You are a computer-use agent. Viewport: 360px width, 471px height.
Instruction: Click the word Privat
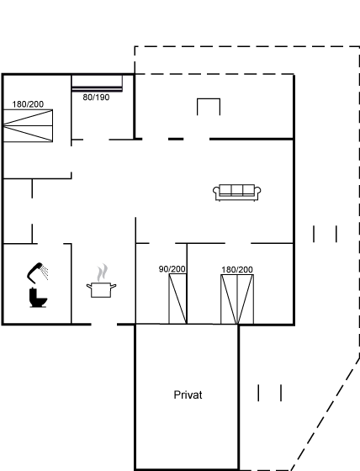coord(188,394)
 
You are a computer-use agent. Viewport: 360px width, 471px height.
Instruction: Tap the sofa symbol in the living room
coord(237,193)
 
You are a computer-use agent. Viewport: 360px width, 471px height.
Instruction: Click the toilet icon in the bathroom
coord(38,298)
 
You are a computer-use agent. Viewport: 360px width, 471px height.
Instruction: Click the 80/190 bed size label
coord(96,98)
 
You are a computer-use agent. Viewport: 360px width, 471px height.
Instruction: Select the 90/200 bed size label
coord(172,269)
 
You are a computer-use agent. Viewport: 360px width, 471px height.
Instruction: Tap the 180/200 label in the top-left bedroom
coord(28,104)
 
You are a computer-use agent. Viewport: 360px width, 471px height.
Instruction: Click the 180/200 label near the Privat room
coord(237,270)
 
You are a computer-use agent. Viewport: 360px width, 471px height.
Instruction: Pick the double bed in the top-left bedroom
coord(28,125)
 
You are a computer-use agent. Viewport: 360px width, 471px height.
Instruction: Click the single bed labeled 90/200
coord(177,299)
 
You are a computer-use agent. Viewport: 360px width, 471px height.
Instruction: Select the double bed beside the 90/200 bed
coord(237,299)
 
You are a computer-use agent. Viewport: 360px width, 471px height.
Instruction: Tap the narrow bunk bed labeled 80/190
coord(97,83)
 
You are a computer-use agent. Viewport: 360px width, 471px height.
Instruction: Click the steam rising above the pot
coord(103,273)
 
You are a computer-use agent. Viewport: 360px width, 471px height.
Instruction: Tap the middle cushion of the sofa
coord(237,190)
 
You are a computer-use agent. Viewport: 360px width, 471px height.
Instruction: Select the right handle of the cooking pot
coord(114,286)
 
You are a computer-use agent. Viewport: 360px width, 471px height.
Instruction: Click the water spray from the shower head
coord(45,272)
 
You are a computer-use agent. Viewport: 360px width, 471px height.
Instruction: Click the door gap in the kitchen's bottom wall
coord(104,325)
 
